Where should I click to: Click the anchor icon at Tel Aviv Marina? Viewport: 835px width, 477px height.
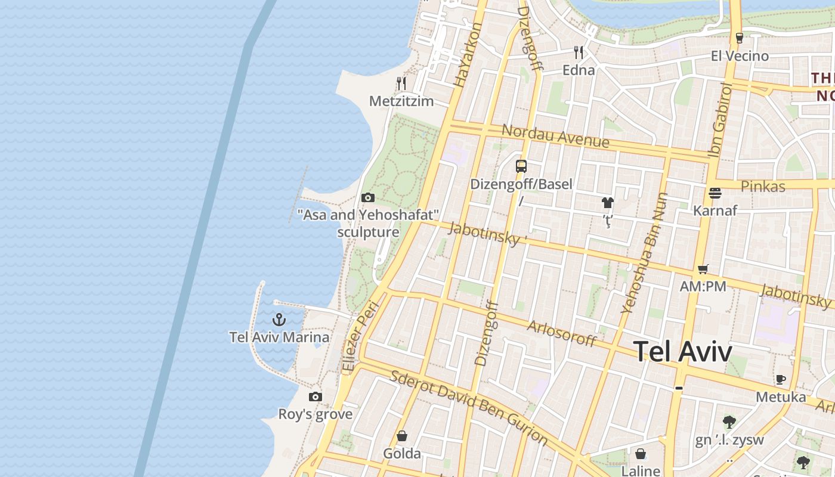[x=279, y=320]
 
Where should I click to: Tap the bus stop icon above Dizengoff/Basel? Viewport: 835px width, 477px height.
[x=521, y=166]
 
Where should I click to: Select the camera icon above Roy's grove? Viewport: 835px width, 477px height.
[x=316, y=397]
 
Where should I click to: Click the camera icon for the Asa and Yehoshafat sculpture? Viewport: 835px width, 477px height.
[x=368, y=197]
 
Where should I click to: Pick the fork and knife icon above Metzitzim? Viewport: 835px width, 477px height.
[x=401, y=83]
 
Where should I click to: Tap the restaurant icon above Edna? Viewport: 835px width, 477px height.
[x=578, y=52]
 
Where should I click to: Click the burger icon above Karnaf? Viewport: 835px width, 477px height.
[x=715, y=193]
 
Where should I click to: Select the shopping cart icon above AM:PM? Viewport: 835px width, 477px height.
[x=703, y=269]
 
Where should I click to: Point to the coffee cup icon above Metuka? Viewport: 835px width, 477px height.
[x=780, y=379]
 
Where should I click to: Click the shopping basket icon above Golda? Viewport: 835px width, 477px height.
[x=402, y=436]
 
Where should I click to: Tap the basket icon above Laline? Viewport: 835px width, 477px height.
[x=641, y=454]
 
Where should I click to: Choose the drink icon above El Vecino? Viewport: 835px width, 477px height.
[x=740, y=38]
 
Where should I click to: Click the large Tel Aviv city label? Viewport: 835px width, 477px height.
[x=682, y=351]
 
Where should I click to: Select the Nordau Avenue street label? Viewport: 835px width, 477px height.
[x=555, y=136]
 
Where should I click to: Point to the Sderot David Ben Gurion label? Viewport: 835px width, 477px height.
[x=468, y=407]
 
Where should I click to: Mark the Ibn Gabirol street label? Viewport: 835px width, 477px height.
[x=719, y=120]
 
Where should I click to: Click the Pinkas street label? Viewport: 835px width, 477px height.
[x=763, y=187]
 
